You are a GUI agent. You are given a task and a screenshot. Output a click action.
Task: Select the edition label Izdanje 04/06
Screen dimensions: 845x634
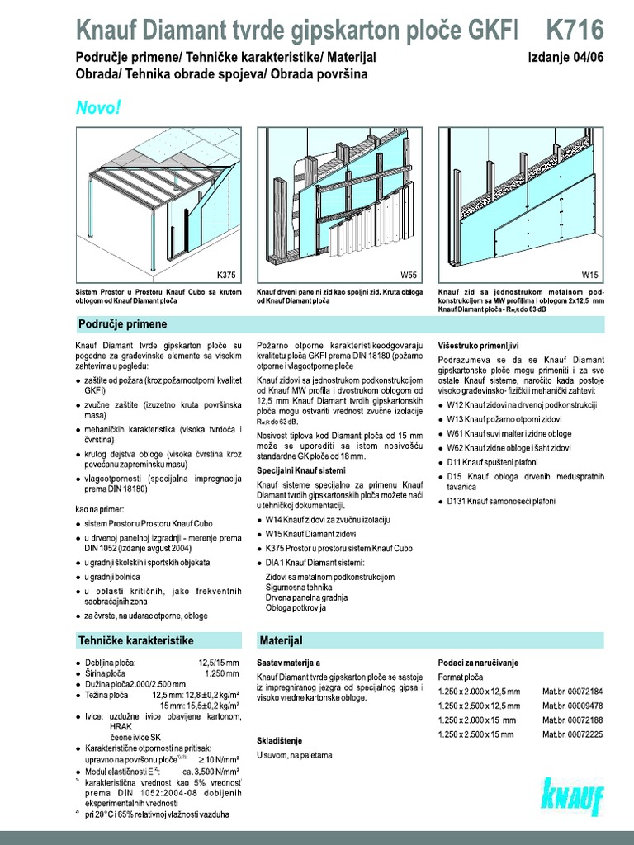coord(565,58)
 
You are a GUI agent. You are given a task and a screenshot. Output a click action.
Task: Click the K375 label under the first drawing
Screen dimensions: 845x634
coord(225,273)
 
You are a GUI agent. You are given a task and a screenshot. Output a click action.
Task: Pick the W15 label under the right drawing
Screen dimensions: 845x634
coord(590,273)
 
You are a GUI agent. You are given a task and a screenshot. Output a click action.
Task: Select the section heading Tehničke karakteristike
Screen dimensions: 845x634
coord(135,640)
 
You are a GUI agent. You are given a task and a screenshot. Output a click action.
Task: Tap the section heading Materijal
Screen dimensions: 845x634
coord(282,640)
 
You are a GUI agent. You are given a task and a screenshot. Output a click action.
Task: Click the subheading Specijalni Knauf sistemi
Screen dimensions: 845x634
coord(300,470)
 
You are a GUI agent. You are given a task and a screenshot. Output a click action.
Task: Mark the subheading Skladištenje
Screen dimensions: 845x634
coord(282,740)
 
